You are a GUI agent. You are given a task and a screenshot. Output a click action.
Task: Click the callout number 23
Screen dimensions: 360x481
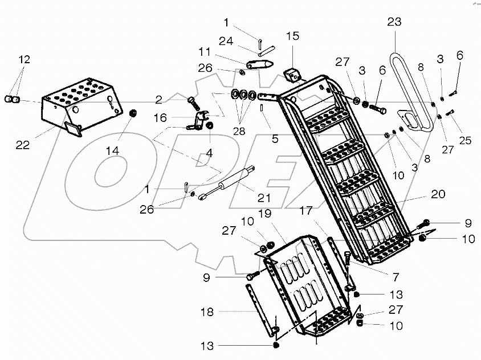[394, 22]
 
